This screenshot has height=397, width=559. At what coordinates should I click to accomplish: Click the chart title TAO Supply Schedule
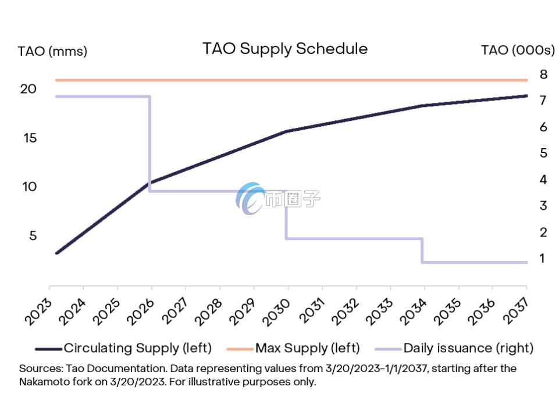[x=284, y=48]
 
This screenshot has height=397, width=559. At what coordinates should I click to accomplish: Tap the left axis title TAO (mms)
[x=52, y=51]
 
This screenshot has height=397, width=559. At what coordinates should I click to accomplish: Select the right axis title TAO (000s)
[x=518, y=51]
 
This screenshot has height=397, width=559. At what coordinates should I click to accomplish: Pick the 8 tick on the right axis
[x=543, y=74]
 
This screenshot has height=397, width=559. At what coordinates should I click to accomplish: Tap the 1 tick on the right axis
[x=542, y=258]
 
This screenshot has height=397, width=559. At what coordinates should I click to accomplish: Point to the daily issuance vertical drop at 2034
[x=422, y=251]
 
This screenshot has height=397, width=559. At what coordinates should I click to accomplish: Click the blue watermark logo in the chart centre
[x=251, y=199]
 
